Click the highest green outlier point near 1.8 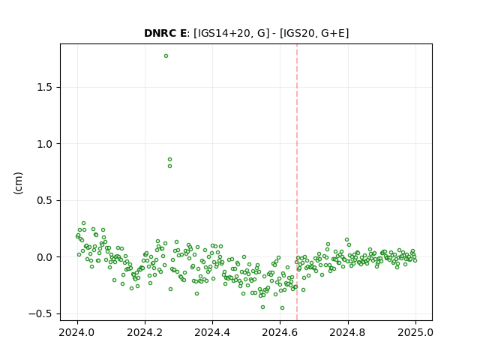166,56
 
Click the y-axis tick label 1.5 45,88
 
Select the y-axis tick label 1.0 45,144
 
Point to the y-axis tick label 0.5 45,200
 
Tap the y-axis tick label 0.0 45,257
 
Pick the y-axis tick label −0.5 41,313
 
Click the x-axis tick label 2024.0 77,332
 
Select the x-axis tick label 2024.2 145,332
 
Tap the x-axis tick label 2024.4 212,332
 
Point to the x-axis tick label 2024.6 280,332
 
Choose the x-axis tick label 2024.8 348,332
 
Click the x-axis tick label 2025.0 415,332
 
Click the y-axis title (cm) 18,183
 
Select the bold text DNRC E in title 165,33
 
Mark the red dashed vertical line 297,182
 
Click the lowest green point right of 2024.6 282,308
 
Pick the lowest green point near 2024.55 262,307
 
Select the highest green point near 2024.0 83,223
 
